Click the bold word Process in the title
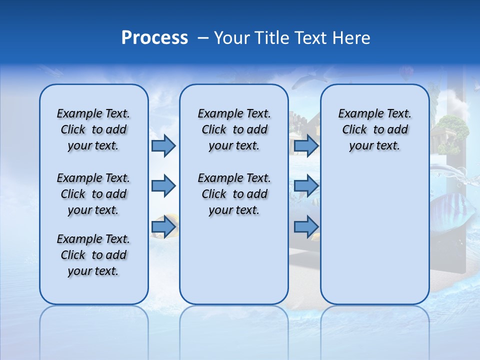point(154,38)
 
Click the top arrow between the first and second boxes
point(163,145)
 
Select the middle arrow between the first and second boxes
point(163,186)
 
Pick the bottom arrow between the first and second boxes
point(163,227)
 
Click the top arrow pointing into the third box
point(306,145)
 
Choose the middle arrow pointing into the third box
point(306,186)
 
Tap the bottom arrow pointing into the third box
point(306,227)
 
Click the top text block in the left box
point(93,129)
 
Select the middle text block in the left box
point(93,194)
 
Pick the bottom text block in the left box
point(93,255)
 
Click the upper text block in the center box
point(234,129)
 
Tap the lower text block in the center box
point(234,194)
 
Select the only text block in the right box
point(374,129)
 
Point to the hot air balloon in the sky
point(406,74)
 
